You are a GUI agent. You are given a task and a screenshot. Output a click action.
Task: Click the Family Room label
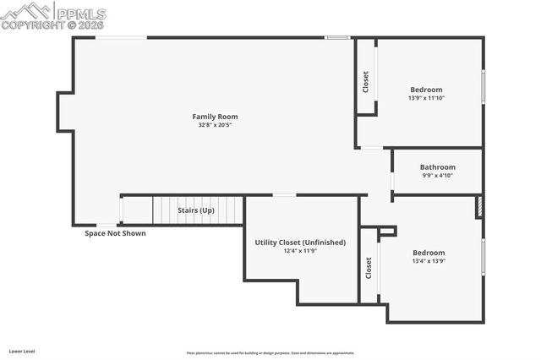coord(215,117)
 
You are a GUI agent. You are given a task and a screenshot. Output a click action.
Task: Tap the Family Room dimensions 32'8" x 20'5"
coord(215,125)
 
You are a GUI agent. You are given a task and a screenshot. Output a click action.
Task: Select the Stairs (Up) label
coord(195,210)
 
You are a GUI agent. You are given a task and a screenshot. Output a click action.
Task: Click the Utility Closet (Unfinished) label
coord(300,243)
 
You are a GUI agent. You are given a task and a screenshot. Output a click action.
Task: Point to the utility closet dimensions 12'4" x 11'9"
coord(300,251)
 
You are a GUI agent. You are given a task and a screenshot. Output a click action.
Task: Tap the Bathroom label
coord(437,167)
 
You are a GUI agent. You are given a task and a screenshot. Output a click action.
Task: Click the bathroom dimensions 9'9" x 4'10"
coord(437,176)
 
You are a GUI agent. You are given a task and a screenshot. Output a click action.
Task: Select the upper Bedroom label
coord(426,90)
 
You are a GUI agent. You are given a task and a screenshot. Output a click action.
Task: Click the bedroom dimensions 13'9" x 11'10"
coord(426,98)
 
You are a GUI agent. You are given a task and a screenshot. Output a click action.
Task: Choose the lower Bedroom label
coord(428,253)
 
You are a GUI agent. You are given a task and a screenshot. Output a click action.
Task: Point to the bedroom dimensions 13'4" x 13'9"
coord(428,261)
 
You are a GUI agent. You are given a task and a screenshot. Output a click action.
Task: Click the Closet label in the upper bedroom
coord(366,81)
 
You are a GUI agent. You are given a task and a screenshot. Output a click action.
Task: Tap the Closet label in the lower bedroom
coord(369,268)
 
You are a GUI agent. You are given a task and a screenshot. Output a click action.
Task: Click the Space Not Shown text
coord(115,233)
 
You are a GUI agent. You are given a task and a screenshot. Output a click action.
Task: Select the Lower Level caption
coord(22,350)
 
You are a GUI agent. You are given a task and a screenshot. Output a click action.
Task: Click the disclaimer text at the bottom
coord(270,352)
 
